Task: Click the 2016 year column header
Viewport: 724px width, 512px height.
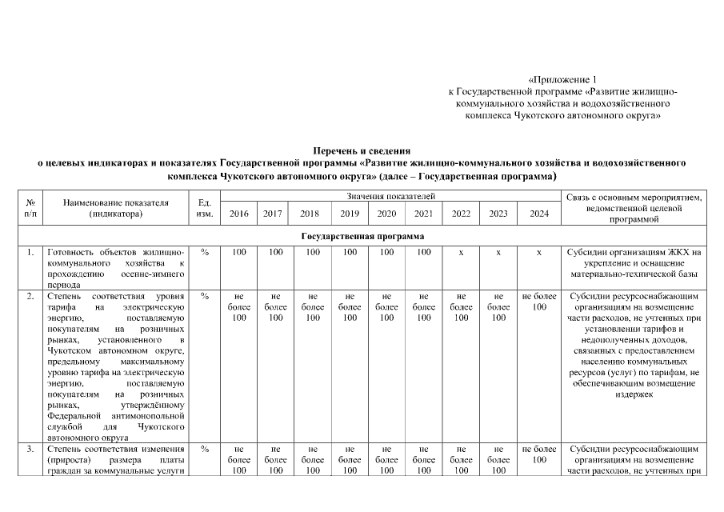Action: pos(238,214)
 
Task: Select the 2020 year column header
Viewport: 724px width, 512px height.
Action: pos(386,214)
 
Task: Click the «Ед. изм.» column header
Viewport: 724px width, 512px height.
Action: pos(204,208)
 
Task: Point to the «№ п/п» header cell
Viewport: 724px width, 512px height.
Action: pos(30,208)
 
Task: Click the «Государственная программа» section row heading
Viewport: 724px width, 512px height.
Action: pos(362,237)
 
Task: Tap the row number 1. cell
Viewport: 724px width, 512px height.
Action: pos(30,253)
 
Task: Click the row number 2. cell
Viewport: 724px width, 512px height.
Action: pos(30,297)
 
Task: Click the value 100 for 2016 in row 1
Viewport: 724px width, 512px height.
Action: pos(238,253)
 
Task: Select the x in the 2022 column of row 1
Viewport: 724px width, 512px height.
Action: pos(461,253)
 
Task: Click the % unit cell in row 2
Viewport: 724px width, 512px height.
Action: pos(204,297)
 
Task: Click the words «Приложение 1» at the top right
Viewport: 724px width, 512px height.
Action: pos(563,80)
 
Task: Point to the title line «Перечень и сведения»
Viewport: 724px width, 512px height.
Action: pos(362,150)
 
